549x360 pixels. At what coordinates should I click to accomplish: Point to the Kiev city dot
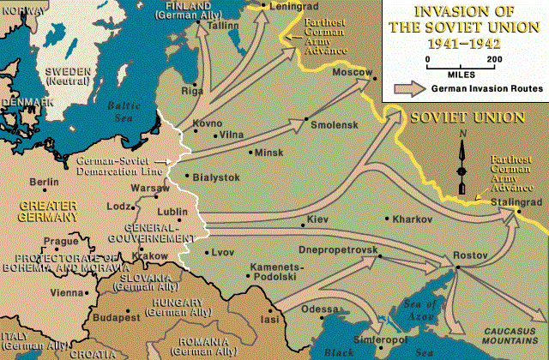click(303, 225)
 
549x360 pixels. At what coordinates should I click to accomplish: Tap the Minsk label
click(268, 153)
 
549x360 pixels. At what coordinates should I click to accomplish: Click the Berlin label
click(44, 182)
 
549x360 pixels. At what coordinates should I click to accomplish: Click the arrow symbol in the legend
click(410, 87)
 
